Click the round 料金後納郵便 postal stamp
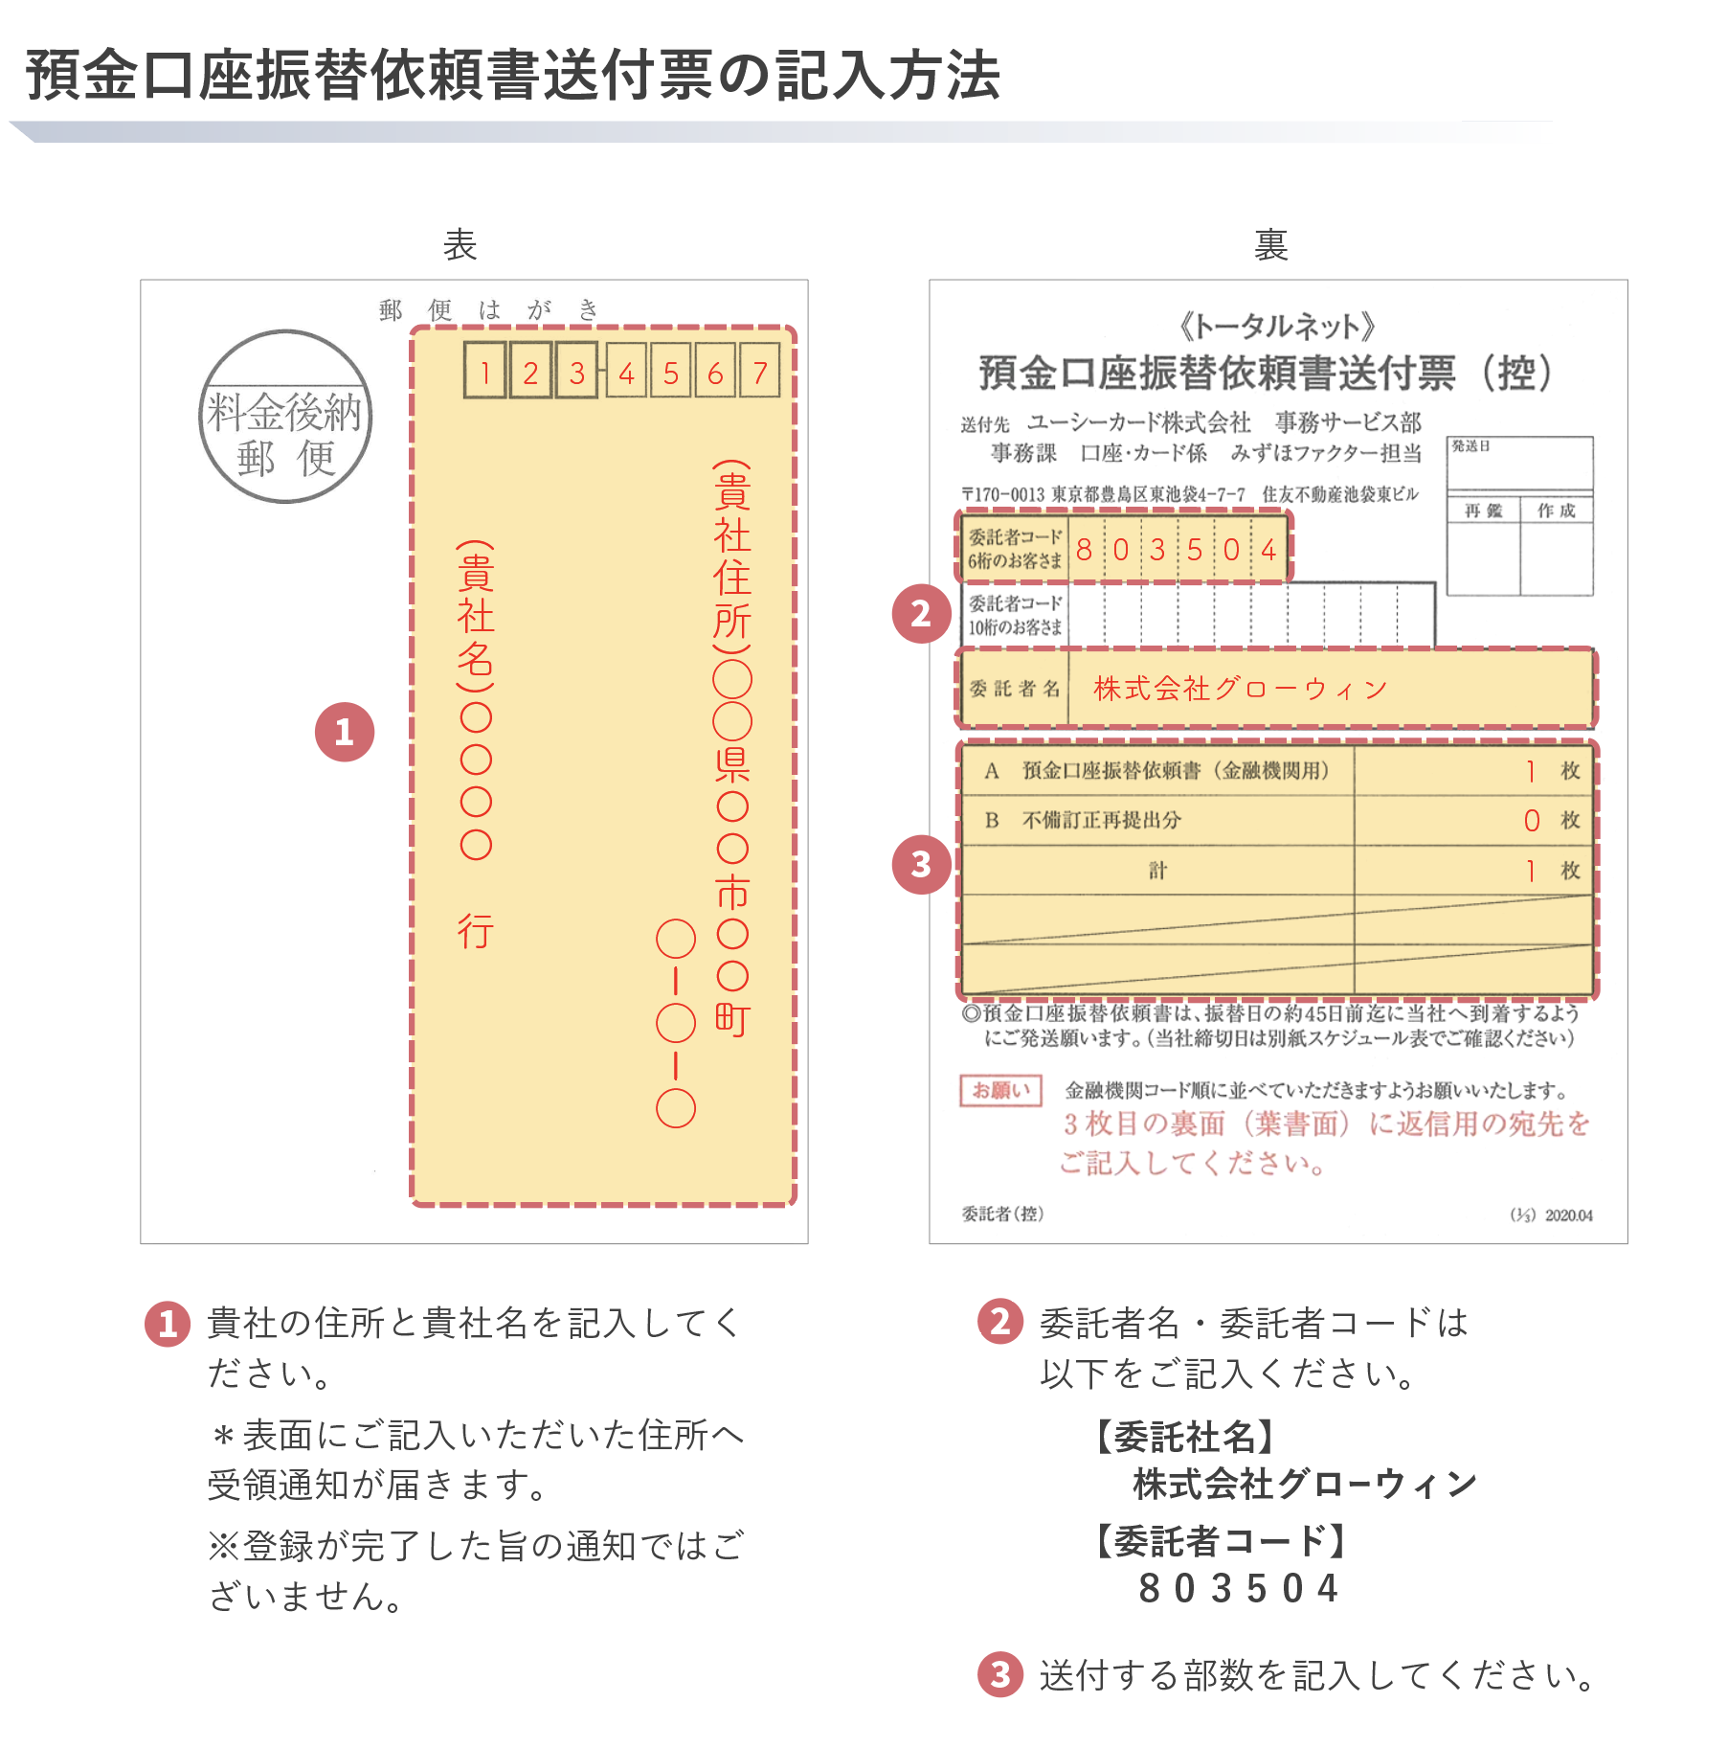[x=285, y=418]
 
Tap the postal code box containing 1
[x=485, y=371]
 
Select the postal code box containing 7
[x=760, y=371]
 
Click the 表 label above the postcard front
[x=460, y=245]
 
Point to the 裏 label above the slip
[x=1270, y=245]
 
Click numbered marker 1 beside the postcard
[x=345, y=733]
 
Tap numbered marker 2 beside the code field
[x=921, y=613]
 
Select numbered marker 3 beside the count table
[x=921, y=864]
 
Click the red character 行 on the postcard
[x=476, y=931]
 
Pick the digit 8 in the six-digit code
[x=1084, y=550]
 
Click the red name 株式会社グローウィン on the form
[x=1240, y=689]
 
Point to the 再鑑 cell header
[x=1483, y=511]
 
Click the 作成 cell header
[x=1557, y=511]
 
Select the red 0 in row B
[x=1532, y=821]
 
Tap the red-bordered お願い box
[x=1000, y=1090]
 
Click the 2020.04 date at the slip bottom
[x=1568, y=1215]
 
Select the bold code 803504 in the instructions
[x=1238, y=1588]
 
